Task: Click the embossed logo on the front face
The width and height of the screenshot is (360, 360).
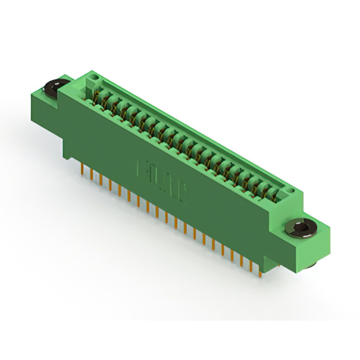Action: pos(163,179)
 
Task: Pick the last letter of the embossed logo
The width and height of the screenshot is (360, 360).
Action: pos(183,191)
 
